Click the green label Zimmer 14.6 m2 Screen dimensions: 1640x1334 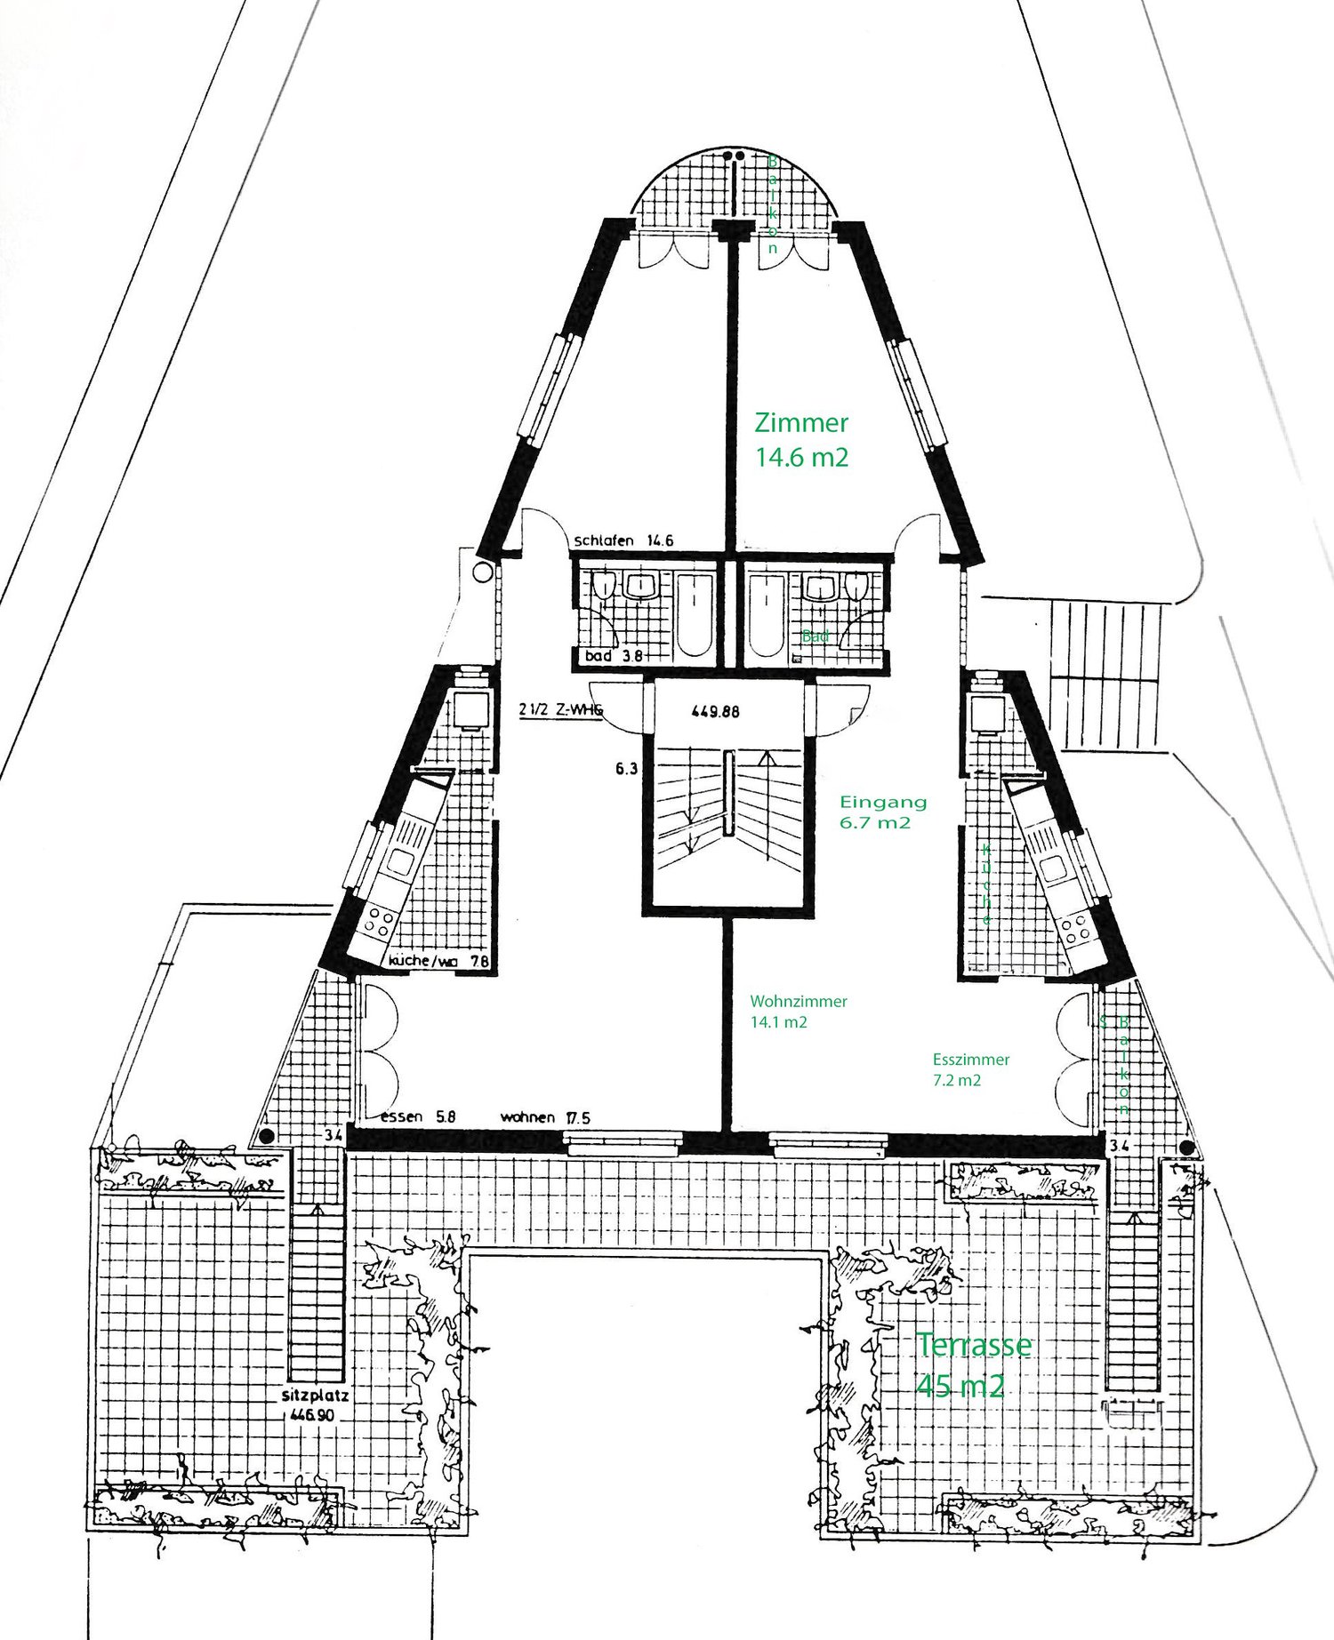point(801,439)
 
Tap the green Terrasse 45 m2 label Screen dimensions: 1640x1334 point(972,1364)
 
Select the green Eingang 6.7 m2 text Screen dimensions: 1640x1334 point(882,812)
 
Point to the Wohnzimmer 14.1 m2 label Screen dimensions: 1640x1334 point(798,1012)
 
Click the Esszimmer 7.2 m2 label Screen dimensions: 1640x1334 point(970,1069)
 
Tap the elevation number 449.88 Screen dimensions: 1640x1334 point(715,711)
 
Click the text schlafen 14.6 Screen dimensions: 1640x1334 point(623,540)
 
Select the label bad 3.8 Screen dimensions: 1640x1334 point(613,656)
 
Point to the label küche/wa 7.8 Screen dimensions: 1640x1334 point(438,961)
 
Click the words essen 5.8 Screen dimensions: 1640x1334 point(418,1117)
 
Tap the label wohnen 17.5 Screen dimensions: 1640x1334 point(545,1117)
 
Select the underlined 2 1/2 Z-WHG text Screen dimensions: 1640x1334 point(560,709)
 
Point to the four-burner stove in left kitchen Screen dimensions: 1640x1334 point(379,922)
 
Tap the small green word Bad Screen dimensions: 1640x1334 point(815,636)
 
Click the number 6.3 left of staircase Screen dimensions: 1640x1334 point(626,769)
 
